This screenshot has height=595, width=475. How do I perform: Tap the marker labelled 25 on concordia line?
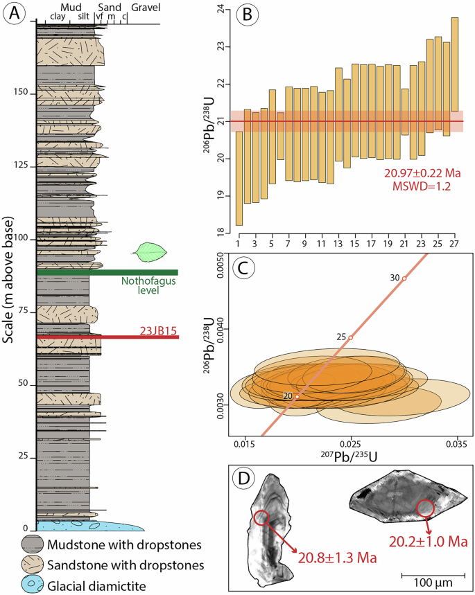351,337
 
